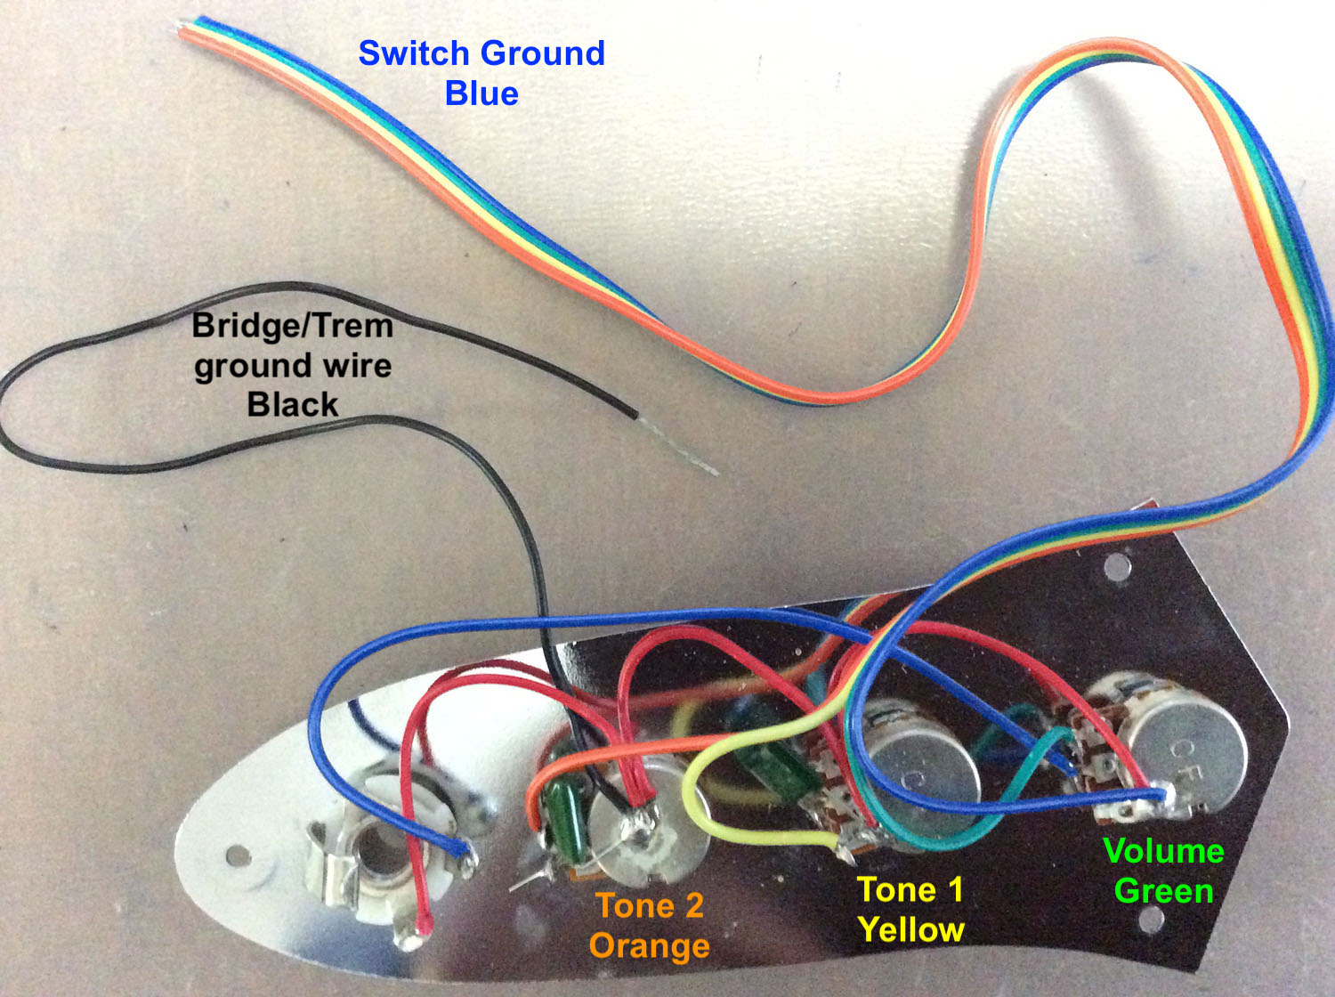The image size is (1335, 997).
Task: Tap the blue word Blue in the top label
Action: (481, 93)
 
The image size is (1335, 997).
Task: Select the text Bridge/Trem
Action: (293, 326)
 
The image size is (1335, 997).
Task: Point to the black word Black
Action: (293, 405)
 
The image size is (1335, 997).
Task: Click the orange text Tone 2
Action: (650, 906)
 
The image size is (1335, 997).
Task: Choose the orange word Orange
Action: (650, 945)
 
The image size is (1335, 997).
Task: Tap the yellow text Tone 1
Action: (910, 890)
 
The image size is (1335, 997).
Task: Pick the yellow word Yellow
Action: (911, 930)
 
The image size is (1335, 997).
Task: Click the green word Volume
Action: (1163, 851)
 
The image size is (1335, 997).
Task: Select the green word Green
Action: (1163, 891)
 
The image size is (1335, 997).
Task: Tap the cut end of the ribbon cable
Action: (189, 25)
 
